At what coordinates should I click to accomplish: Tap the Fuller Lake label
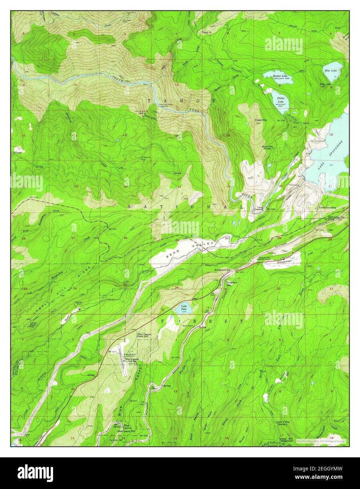tap(281, 100)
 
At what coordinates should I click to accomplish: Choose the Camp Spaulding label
tap(327, 208)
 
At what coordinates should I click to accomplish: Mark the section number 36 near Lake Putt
tap(176, 288)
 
